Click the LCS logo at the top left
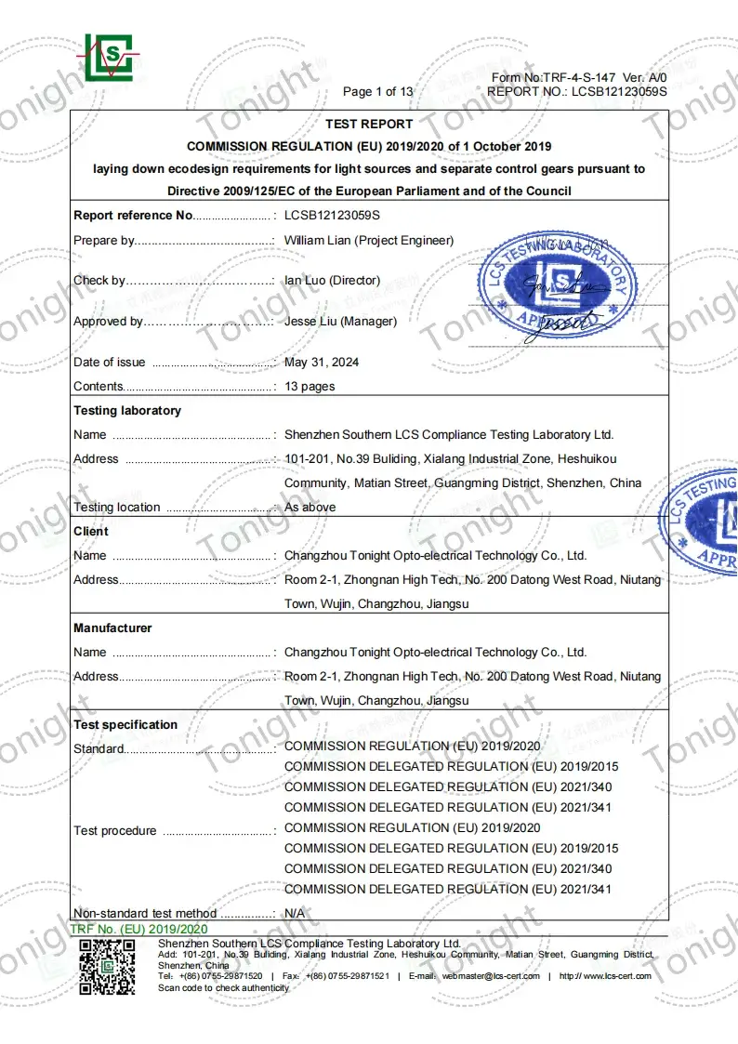pyautogui.click(x=109, y=57)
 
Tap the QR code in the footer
pyautogui.click(x=107, y=967)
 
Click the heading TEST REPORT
pyautogui.click(x=369, y=124)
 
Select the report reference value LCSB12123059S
pyautogui.click(x=333, y=215)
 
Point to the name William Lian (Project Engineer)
pyautogui.click(x=369, y=240)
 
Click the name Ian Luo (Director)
pyautogui.click(x=332, y=280)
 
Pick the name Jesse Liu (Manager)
pyautogui.click(x=340, y=321)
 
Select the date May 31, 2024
pyautogui.click(x=322, y=362)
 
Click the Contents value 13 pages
pyautogui.click(x=310, y=386)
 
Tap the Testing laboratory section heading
pyautogui.click(x=127, y=410)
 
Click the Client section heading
pyautogui.click(x=91, y=531)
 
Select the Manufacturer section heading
pyautogui.click(x=112, y=628)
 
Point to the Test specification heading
pyautogui.click(x=125, y=724)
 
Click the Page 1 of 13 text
pyautogui.click(x=378, y=91)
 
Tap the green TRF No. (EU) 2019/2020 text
pyautogui.click(x=139, y=929)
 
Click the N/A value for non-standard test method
pyautogui.click(x=295, y=913)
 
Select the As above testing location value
pyautogui.click(x=310, y=507)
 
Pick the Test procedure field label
pyautogui.click(x=115, y=830)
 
